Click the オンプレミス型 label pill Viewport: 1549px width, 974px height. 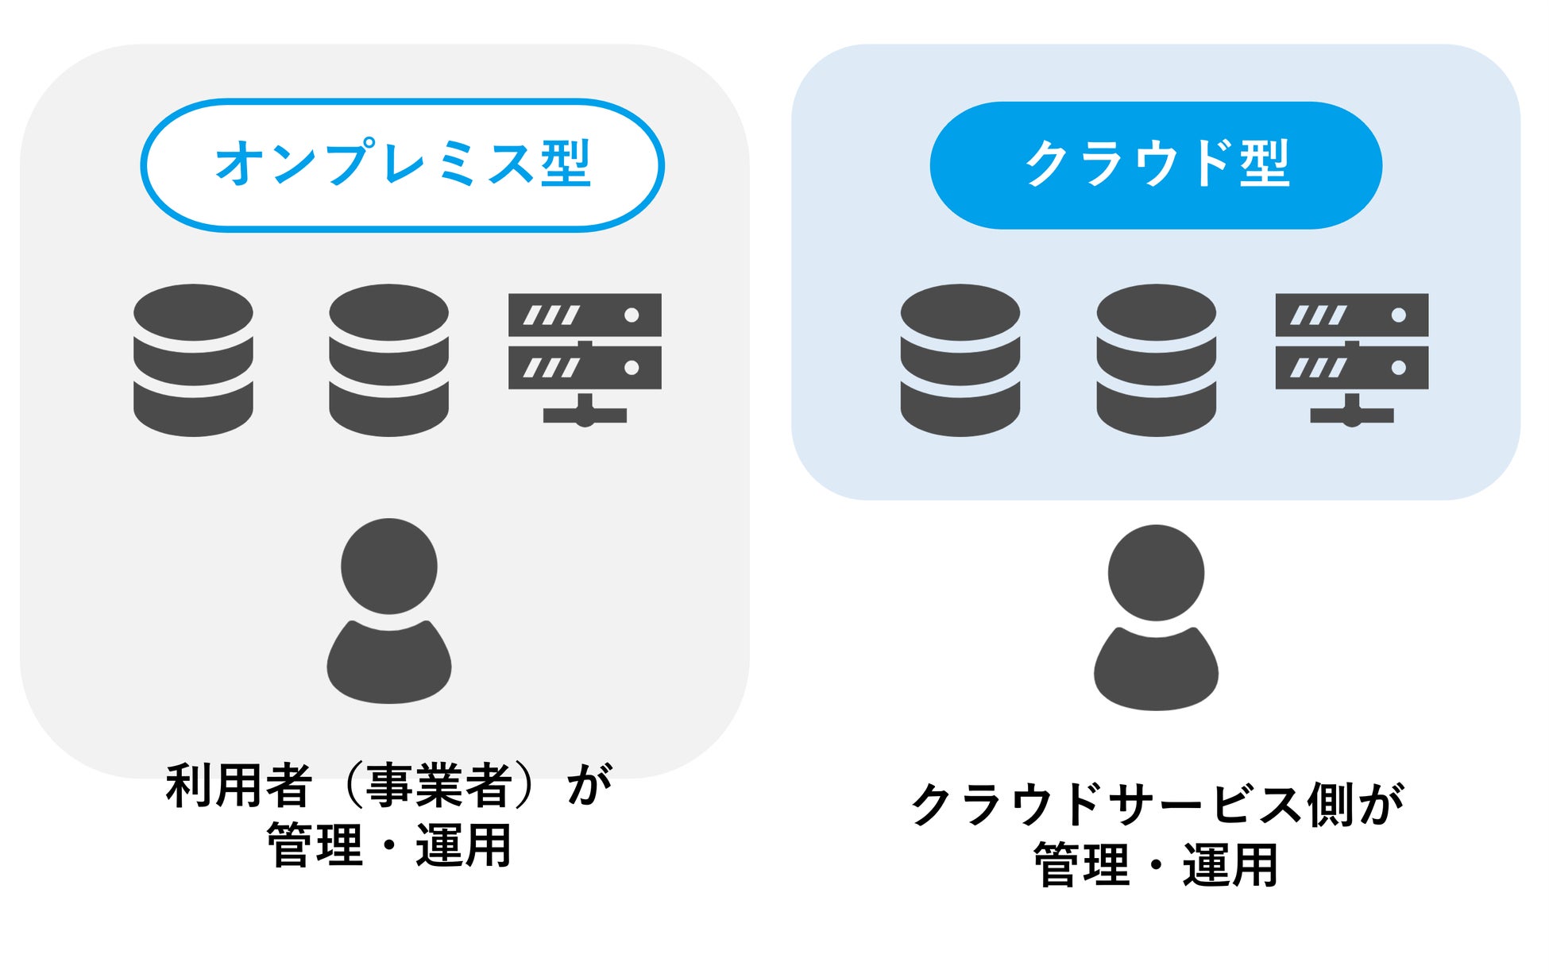point(402,165)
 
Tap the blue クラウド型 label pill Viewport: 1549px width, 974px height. point(1156,165)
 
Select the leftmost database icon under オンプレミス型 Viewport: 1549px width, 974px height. point(193,360)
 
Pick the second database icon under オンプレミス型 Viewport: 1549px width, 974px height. point(389,360)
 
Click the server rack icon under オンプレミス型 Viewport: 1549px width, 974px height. point(585,358)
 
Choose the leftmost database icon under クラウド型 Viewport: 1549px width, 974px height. point(960,360)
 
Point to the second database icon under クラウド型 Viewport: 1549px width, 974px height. point(1156,360)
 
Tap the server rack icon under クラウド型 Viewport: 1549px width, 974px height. point(1351,358)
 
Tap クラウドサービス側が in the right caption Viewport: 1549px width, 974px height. point(1157,804)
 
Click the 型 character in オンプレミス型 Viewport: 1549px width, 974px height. point(566,164)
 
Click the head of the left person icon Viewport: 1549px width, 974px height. point(389,566)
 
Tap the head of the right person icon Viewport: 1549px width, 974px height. point(1156,573)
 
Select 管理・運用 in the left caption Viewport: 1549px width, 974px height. point(389,845)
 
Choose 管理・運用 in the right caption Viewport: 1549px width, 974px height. point(1156,864)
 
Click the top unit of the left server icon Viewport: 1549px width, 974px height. point(585,315)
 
